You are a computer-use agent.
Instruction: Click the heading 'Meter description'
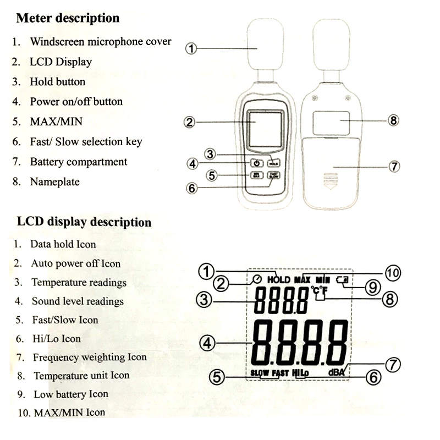pos(68,18)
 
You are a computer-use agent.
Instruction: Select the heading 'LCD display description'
pos(84,222)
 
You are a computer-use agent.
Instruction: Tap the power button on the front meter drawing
pos(256,163)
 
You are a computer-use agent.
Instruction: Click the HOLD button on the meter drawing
pos(273,163)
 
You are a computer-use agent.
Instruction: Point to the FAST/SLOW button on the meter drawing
pos(273,175)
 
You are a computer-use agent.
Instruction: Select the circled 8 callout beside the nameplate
pos(393,120)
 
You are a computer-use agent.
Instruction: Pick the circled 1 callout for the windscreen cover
pos(191,48)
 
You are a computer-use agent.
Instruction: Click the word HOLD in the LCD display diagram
pos(278,279)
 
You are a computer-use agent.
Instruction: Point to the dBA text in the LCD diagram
pos(337,372)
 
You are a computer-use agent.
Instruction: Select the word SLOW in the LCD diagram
pos(260,373)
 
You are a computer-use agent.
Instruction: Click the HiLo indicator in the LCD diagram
pos(300,373)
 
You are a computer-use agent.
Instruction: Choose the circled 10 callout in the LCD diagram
pos(392,272)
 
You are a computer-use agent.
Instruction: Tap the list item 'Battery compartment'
pos(78,162)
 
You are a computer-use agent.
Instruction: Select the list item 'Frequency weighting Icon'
pos(90,357)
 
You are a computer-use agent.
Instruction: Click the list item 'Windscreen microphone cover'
pos(100,41)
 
